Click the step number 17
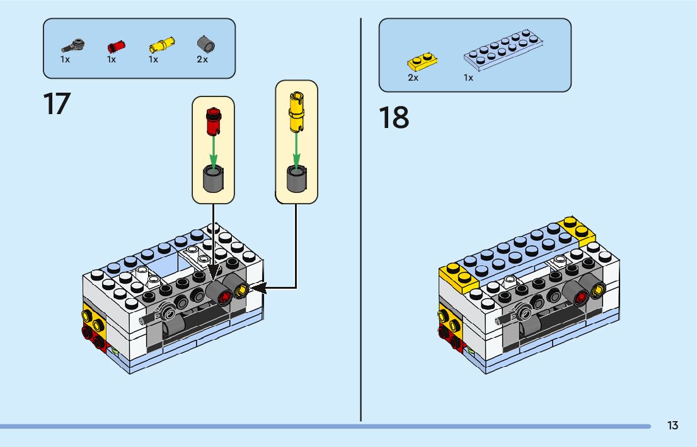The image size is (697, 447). coord(57,104)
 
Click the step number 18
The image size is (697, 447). coord(394,118)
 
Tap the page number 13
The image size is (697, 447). coord(672,426)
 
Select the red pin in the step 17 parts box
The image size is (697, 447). coord(116,45)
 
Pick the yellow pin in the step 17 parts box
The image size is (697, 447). coord(162,45)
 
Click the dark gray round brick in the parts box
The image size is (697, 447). coord(206,44)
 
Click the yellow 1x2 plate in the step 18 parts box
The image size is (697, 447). coord(422,62)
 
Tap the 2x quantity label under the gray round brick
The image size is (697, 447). coord(202,59)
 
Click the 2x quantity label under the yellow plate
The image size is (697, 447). coord(413,78)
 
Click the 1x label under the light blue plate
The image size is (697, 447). coord(468,78)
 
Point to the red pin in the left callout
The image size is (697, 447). coord(213,122)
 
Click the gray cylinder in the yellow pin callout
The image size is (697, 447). coord(296,179)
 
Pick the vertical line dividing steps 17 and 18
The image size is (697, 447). coord(361,221)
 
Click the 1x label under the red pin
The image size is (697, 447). coord(112,59)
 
